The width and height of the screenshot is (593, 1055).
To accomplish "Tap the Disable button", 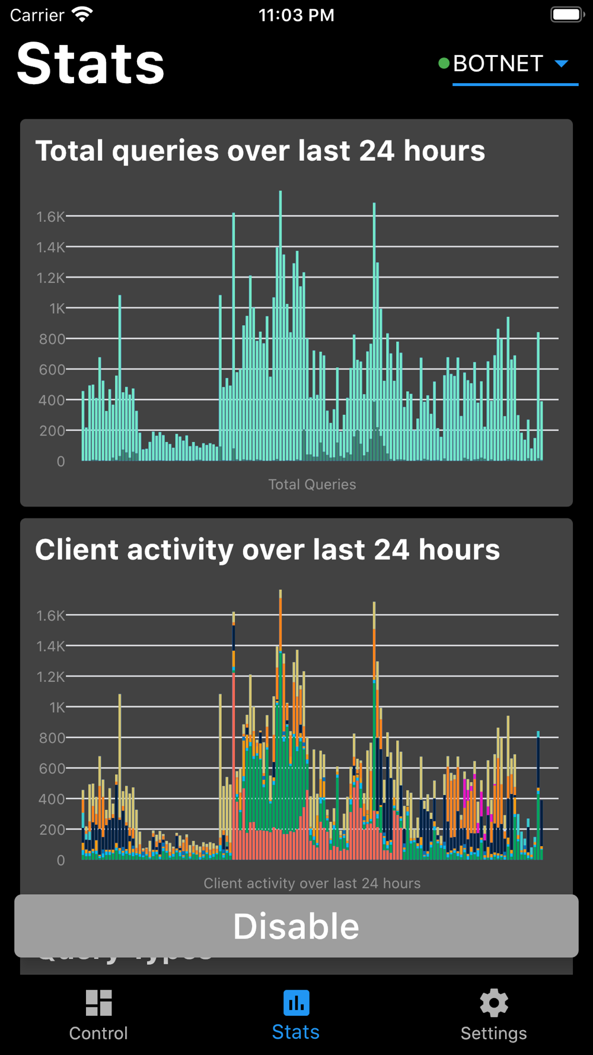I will [x=296, y=926].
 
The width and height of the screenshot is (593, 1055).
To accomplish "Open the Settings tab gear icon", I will [x=494, y=1003].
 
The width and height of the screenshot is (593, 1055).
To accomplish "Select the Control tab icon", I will [x=98, y=1003].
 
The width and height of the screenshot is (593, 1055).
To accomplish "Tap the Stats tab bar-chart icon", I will [x=296, y=1003].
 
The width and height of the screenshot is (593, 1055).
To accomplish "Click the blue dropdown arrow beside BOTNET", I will [x=561, y=63].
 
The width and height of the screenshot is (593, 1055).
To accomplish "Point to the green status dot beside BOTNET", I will [x=443, y=63].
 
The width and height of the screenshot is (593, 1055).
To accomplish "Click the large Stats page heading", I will [x=90, y=63].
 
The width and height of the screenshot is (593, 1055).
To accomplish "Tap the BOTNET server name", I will [x=498, y=63].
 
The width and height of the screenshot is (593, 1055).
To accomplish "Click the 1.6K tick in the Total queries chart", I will [x=50, y=217].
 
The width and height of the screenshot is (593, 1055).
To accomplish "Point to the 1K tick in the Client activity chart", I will [x=57, y=707].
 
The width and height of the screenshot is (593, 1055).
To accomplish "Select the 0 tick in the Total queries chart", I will [x=60, y=461].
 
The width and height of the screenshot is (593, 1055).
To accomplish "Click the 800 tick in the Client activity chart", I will [x=52, y=738].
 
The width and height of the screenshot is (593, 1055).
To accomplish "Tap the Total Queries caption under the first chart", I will [x=312, y=484].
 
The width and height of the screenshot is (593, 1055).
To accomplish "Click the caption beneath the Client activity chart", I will [x=312, y=883].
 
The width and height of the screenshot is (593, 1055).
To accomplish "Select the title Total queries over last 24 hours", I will [x=260, y=151].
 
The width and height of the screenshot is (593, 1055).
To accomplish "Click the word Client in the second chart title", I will [x=76, y=549].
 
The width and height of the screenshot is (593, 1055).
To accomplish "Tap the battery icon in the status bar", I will [x=566, y=14].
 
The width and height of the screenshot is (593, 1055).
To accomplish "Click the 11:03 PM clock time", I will [x=296, y=15].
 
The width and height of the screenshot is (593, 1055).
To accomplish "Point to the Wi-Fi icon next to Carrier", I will [x=82, y=14].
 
